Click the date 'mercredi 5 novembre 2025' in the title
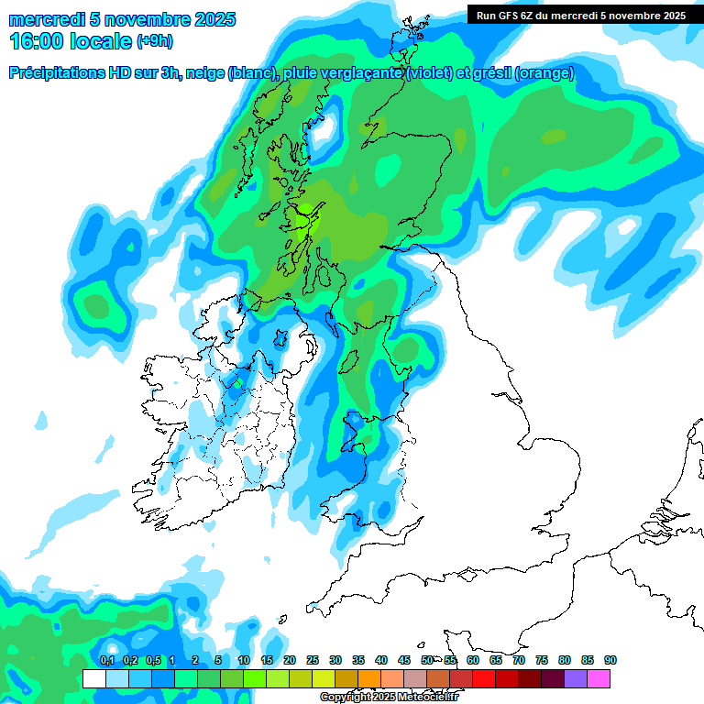(x=122, y=19)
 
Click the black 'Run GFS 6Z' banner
(x=577, y=15)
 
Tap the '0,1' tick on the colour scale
(x=106, y=661)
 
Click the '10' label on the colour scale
(x=244, y=661)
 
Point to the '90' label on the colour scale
(x=610, y=661)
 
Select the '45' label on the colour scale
(x=404, y=661)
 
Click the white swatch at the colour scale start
(x=93, y=678)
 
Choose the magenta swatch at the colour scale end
(x=599, y=678)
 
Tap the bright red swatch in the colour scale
(x=484, y=678)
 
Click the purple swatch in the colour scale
(x=576, y=678)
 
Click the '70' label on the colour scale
(x=519, y=661)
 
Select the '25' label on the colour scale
(x=313, y=661)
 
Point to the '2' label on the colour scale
(x=195, y=661)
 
